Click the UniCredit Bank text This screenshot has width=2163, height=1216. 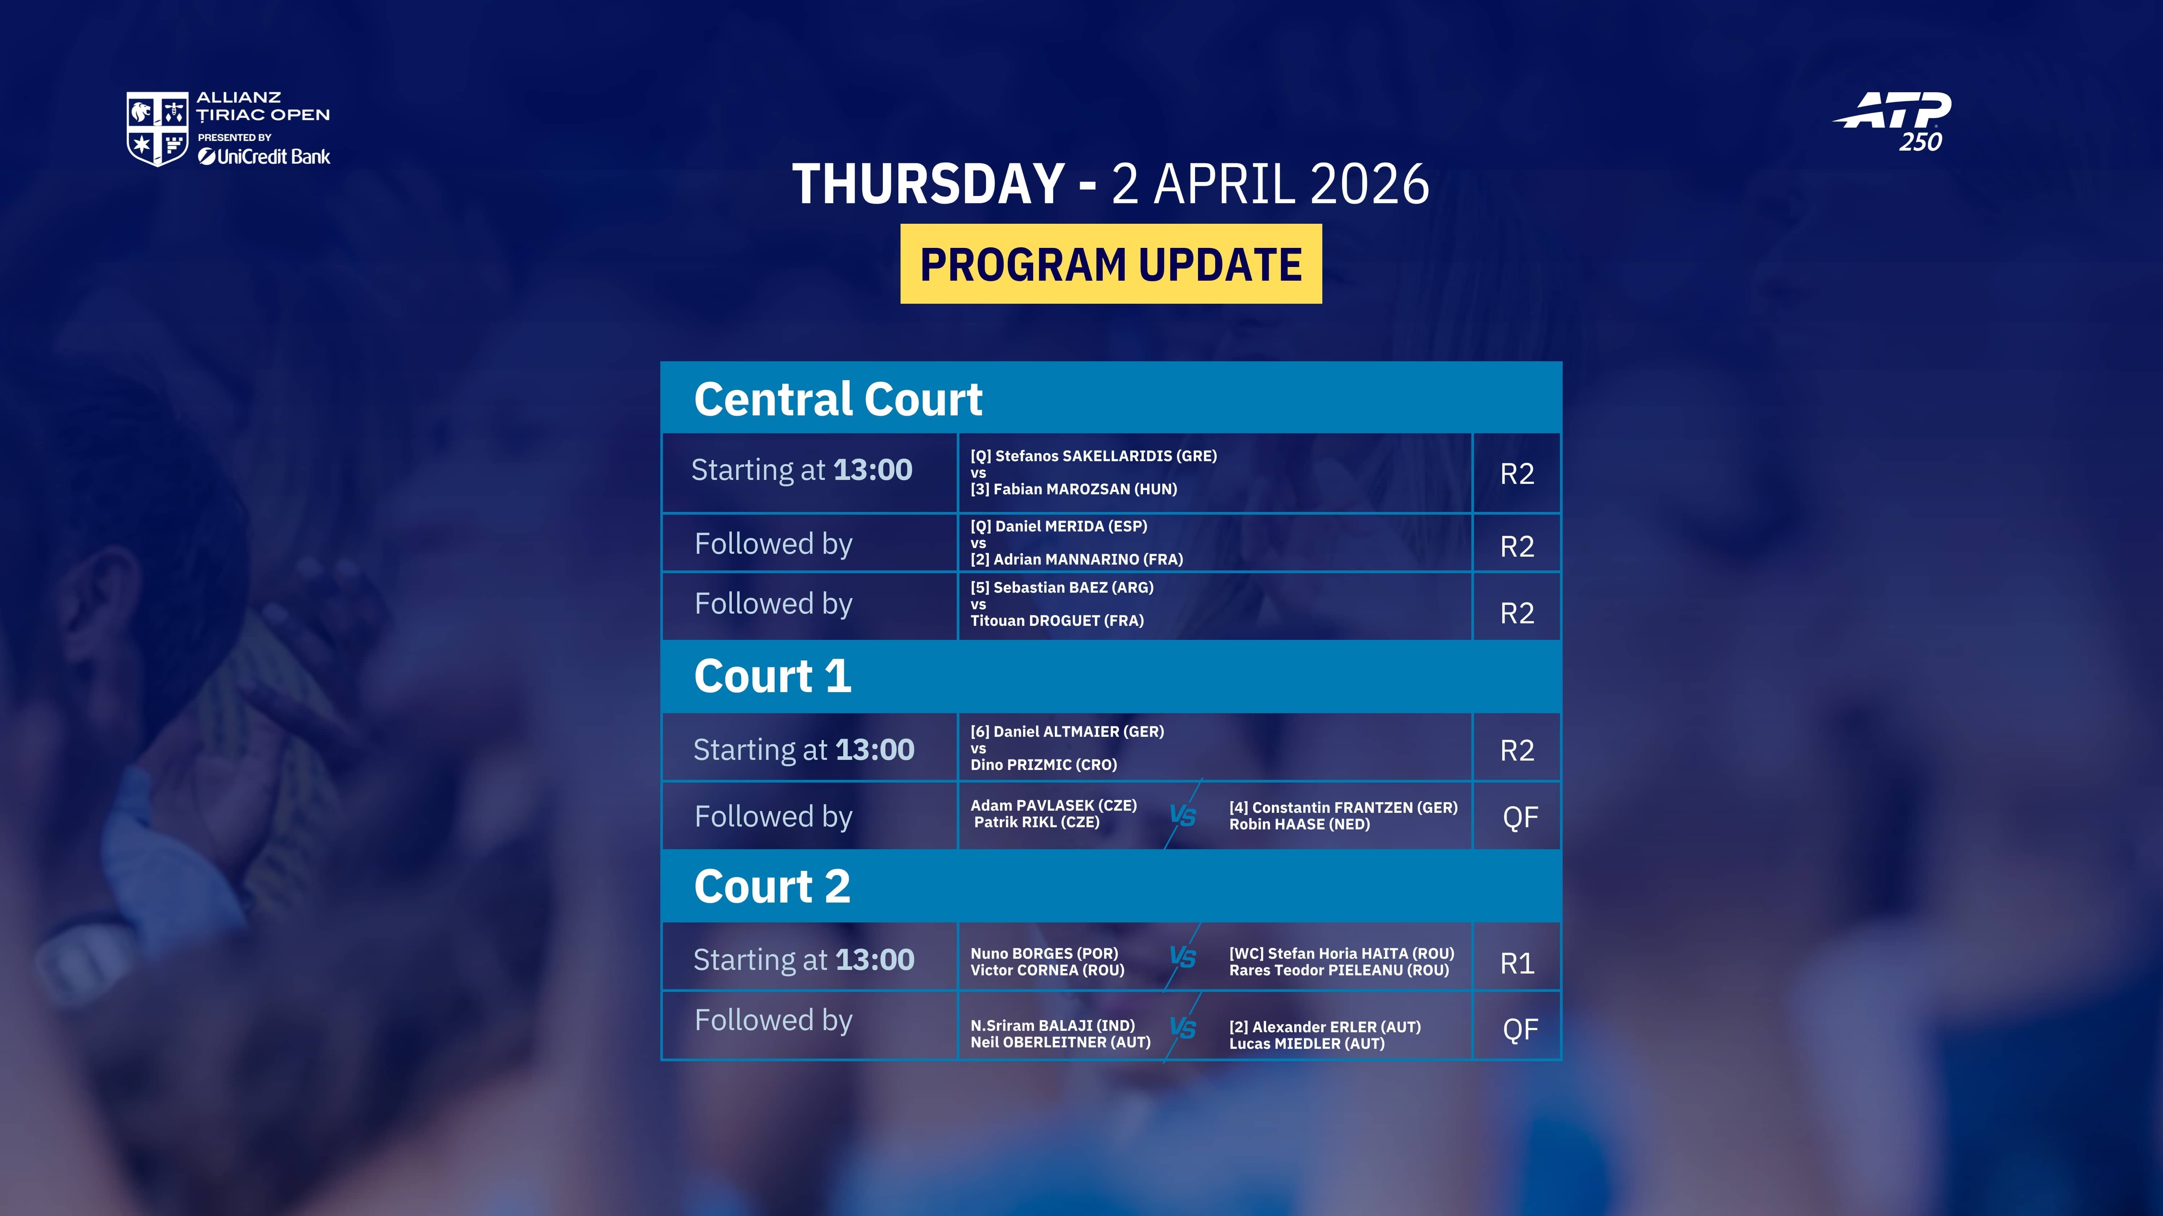265,157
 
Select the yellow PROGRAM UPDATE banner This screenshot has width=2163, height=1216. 1111,263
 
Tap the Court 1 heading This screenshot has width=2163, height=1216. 773,676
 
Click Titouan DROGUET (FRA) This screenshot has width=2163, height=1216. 1057,620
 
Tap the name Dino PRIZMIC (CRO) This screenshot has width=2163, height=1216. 1044,765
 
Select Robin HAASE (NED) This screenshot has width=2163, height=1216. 1299,824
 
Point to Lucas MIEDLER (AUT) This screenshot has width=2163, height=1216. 1306,1043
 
